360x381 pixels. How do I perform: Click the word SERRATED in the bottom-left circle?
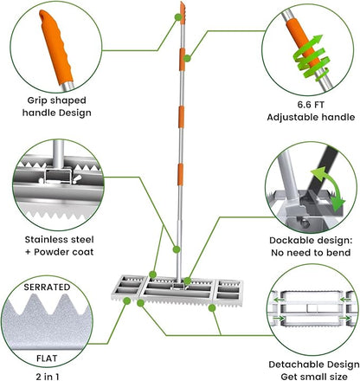[47, 287]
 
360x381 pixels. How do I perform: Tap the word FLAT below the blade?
[47, 358]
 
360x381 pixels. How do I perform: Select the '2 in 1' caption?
[48, 377]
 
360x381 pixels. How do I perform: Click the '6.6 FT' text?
[311, 105]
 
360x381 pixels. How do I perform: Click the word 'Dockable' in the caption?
[291, 240]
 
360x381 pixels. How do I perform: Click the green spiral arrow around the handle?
[311, 59]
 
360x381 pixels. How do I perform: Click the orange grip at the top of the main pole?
[183, 13]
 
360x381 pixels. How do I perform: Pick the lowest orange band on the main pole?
[180, 174]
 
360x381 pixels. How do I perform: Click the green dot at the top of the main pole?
[177, 17]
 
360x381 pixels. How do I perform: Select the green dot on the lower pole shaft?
[177, 249]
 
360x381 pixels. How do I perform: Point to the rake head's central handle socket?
[178, 286]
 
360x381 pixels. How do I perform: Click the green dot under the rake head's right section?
[212, 308]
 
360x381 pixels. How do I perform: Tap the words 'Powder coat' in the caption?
[64, 252]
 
